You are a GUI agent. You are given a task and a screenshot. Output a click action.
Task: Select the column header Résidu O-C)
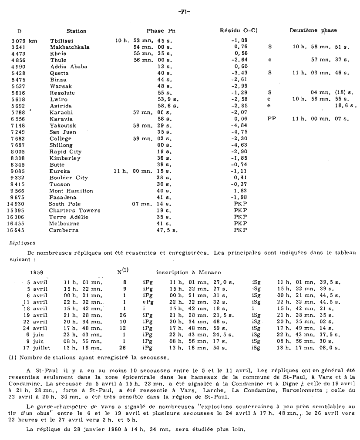pos(239,31)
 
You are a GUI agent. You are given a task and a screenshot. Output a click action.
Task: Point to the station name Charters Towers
pos(74,210)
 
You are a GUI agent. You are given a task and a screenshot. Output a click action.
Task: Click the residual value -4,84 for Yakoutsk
pos(239,125)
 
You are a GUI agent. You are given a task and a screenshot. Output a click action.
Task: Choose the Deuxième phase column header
pos(313,30)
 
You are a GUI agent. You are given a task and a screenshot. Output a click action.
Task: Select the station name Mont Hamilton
pos(71,191)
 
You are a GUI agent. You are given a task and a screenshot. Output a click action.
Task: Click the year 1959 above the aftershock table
pos(36,272)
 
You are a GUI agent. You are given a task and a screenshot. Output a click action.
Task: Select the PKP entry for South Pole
pos(240,204)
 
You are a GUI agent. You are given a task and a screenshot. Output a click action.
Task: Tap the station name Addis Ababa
pos(68,67)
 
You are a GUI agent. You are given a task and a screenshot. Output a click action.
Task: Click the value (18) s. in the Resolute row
pos(344,93)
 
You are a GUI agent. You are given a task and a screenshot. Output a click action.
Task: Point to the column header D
pos(19,31)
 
